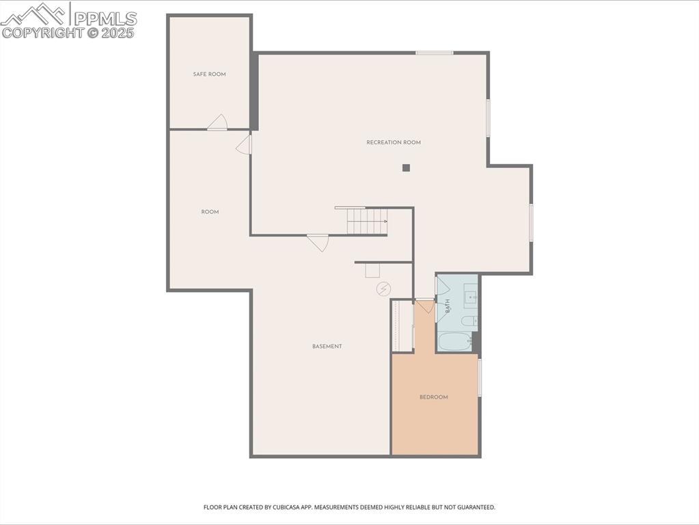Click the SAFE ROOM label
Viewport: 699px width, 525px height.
point(209,74)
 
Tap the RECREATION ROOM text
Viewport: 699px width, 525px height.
point(394,142)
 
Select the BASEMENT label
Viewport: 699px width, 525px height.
point(327,347)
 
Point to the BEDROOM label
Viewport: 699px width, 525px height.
point(434,397)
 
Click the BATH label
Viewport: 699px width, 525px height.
point(448,306)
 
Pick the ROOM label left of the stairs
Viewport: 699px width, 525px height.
point(210,212)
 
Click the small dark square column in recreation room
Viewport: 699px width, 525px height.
point(406,167)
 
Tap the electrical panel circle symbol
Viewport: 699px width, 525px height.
point(383,289)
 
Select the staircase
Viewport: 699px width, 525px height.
point(367,221)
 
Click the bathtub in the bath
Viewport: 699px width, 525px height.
point(455,342)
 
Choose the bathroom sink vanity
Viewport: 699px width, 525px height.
point(471,297)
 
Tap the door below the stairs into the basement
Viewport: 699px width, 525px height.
point(318,242)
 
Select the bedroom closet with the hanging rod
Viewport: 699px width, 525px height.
point(401,326)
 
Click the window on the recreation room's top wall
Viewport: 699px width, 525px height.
point(435,53)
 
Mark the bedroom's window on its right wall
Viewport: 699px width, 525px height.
point(480,377)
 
